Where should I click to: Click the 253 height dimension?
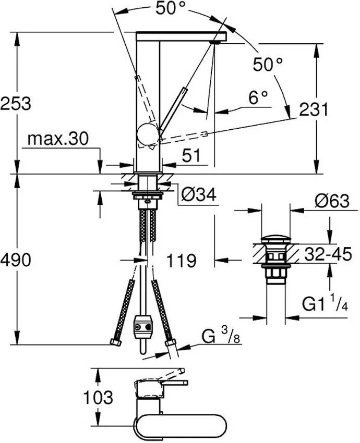pyautogui.click(x=16, y=103)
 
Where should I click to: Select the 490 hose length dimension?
pyautogui.click(x=16, y=259)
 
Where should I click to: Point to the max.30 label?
pyautogui.click(x=57, y=139)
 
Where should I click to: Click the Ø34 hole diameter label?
pyautogui.click(x=198, y=195)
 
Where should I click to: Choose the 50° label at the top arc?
pyautogui.click(x=171, y=8)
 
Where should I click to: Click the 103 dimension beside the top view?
pyautogui.click(x=98, y=398)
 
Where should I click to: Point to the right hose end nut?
pyautogui.click(x=170, y=343)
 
